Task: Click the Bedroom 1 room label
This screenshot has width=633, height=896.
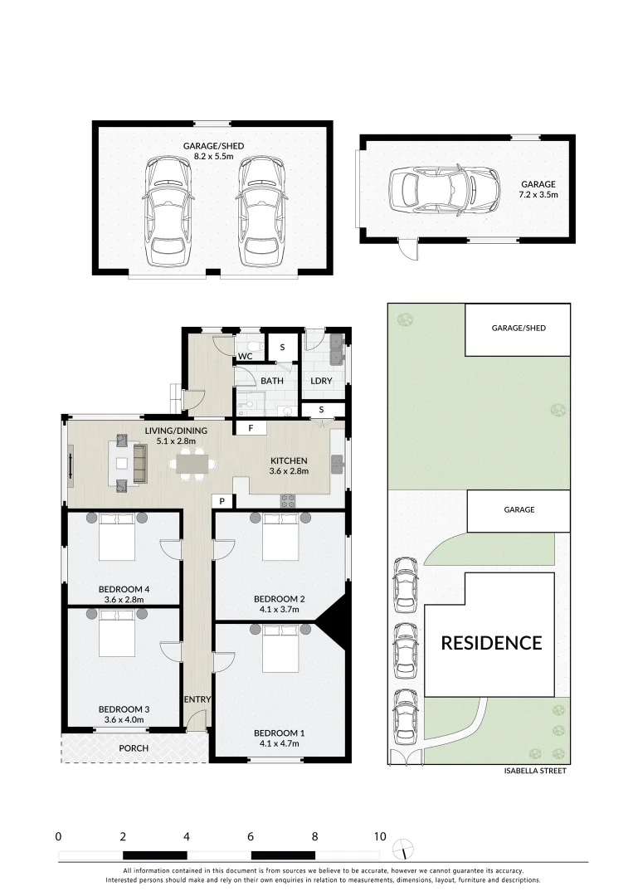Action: [x=280, y=733]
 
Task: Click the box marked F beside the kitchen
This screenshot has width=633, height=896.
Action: [x=251, y=429]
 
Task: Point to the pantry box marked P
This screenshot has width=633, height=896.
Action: [x=223, y=501]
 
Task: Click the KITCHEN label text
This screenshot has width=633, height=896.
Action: [x=289, y=460]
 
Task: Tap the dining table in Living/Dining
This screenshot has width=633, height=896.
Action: [x=190, y=465]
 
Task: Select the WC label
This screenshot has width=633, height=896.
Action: [x=246, y=357]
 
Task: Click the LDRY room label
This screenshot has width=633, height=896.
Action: [x=321, y=381]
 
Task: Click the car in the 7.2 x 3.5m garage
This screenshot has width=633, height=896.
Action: [x=444, y=190]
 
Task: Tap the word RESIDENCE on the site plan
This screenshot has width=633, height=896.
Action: [x=490, y=643]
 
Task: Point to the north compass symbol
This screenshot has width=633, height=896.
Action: [x=402, y=848]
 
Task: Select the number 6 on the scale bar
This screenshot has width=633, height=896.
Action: [x=251, y=836]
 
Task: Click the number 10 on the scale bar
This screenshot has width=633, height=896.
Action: [x=380, y=836]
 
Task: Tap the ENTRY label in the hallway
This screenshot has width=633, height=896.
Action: [x=197, y=699]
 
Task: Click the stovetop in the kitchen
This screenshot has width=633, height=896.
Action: [x=290, y=499]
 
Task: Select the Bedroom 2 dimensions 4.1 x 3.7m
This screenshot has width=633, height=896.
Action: [x=280, y=609]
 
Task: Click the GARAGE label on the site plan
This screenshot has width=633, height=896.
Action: [x=519, y=510]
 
